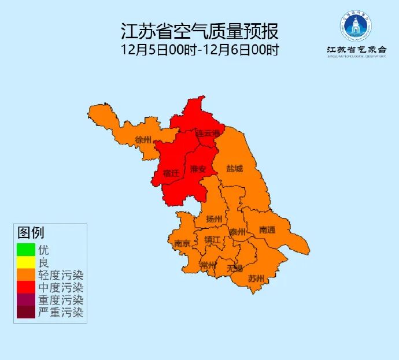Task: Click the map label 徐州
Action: point(143,140)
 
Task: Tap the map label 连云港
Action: point(208,133)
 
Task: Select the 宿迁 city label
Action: point(171,172)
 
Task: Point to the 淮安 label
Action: point(198,169)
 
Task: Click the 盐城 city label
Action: point(235,169)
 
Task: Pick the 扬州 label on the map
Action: point(214,218)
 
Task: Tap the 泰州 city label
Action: point(237,232)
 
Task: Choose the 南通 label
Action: point(267,229)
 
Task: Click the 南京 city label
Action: point(182,243)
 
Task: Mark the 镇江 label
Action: point(212,239)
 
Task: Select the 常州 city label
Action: point(208,265)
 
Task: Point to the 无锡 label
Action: point(235,268)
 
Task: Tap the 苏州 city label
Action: point(256,279)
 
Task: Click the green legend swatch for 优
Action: point(25,250)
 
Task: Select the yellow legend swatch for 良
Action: point(25,263)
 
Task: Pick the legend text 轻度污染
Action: point(61,275)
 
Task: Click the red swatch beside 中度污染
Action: point(25,288)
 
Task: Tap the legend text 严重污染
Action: point(61,313)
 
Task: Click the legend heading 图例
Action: point(31,233)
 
